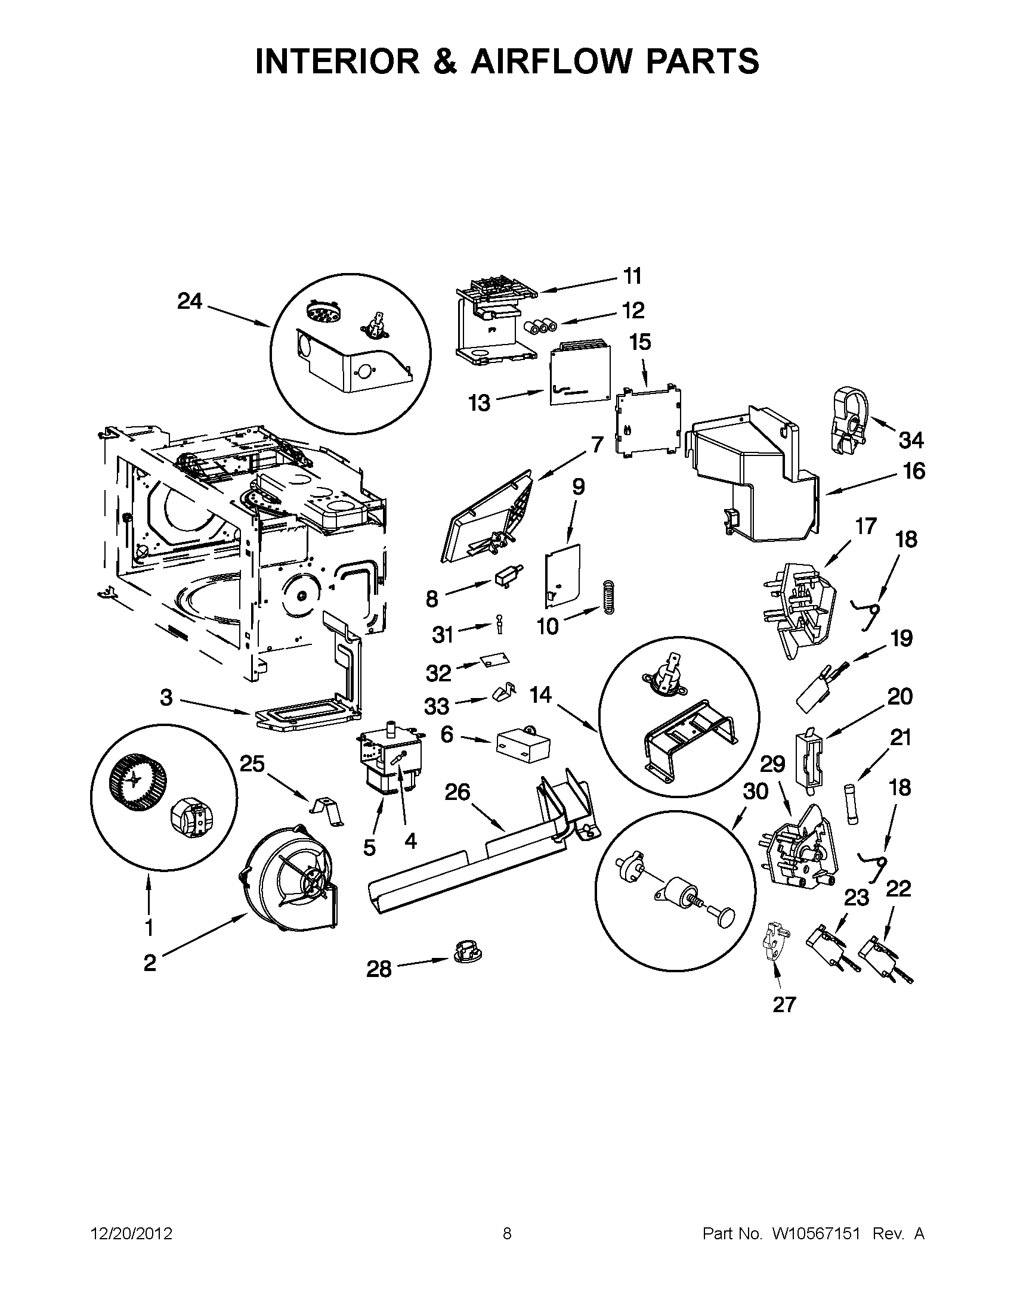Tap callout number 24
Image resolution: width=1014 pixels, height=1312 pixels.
pos(190,301)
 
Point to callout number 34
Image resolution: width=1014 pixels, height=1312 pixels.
pos(911,440)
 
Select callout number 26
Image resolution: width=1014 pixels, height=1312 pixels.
pos(457,792)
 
